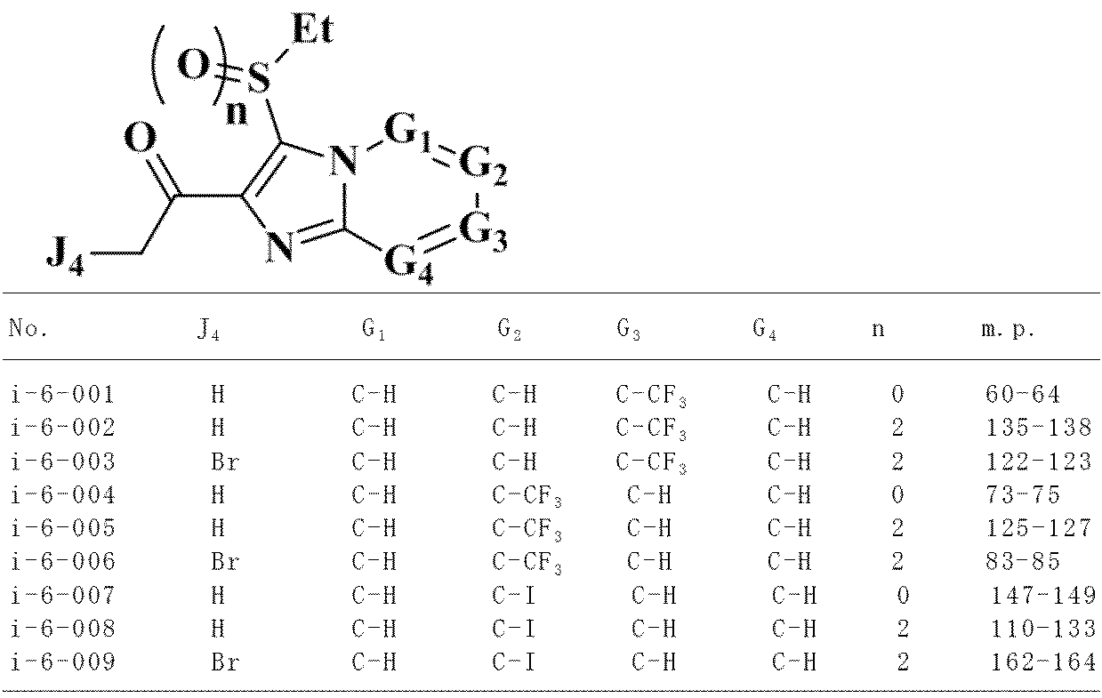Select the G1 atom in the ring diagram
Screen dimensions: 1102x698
[406, 132]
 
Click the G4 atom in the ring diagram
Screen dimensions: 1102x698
[409, 264]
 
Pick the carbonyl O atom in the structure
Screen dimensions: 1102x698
[140, 140]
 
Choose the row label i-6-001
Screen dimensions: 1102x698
[62, 395]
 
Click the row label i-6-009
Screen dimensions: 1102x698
[62, 662]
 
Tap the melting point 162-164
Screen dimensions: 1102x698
[1043, 662]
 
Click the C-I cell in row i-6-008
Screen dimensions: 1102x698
[513, 630]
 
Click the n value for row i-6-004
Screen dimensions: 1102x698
[897, 495]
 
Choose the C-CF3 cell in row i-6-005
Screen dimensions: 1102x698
[527, 529]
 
